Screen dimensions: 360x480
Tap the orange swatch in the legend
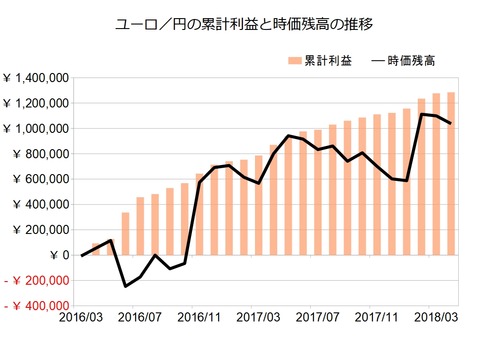pos(295,60)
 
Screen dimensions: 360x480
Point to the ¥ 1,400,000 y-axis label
pos(35,78)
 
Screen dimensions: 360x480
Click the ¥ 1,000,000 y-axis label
pos(35,128)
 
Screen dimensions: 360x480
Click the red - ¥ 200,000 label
pos(35,281)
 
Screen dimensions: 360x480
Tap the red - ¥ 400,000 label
pos(35,306)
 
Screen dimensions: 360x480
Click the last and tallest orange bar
pos(451,174)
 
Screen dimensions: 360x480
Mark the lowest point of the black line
pos(126,286)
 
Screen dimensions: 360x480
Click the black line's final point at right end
pos(451,124)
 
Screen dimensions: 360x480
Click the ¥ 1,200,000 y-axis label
pos(35,103)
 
